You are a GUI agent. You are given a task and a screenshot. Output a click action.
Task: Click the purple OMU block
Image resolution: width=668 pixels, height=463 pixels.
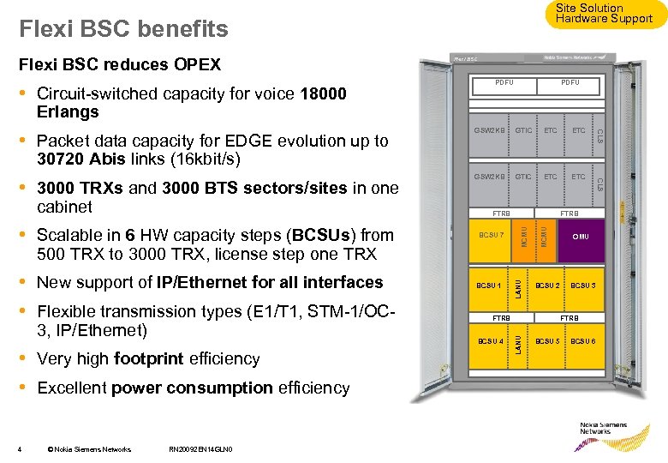click(x=581, y=237)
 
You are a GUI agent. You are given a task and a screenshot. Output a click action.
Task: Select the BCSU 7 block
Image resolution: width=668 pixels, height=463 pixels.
click(x=492, y=237)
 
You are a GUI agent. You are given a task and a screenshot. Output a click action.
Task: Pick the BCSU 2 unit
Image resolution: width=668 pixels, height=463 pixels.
click(x=547, y=286)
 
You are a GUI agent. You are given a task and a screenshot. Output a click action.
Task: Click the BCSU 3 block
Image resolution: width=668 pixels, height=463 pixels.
click(x=583, y=286)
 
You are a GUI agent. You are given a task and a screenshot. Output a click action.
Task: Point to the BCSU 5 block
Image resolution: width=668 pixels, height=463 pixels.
click(x=547, y=341)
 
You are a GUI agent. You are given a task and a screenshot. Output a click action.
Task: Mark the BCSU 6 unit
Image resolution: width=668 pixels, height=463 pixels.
click(x=583, y=341)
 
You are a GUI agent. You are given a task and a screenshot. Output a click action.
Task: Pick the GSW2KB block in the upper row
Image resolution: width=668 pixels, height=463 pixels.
click(x=490, y=130)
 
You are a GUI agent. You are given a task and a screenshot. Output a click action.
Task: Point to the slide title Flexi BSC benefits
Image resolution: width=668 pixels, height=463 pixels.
click(x=123, y=29)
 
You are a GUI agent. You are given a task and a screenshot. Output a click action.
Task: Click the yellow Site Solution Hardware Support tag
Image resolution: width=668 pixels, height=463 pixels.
click(x=603, y=14)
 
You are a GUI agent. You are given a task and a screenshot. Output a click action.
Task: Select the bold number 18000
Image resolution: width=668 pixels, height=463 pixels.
click(x=324, y=94)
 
